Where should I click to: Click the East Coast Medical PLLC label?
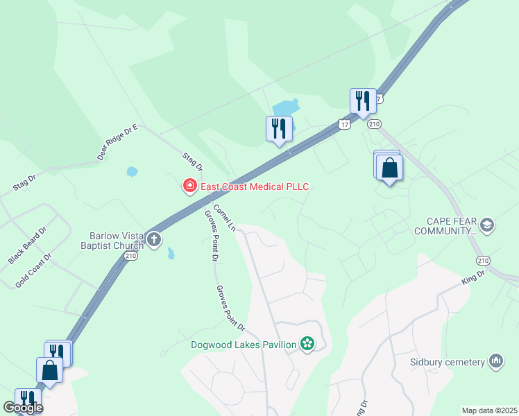pos(254,187)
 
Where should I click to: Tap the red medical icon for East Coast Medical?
pos(189,186)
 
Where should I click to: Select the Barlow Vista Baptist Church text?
pos(117,240)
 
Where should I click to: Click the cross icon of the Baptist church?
pos(154,241)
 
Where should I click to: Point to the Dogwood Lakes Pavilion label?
pos(244,344)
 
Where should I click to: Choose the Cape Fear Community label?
pos(445,226)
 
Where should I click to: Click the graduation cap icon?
pos(487,225)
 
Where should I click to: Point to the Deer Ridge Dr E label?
pos(118,142)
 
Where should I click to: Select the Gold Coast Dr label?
pos(34,270)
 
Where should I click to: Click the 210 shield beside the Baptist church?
pos(131,256)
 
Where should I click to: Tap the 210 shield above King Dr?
pos(483,260)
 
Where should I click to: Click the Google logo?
pos(23,408)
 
